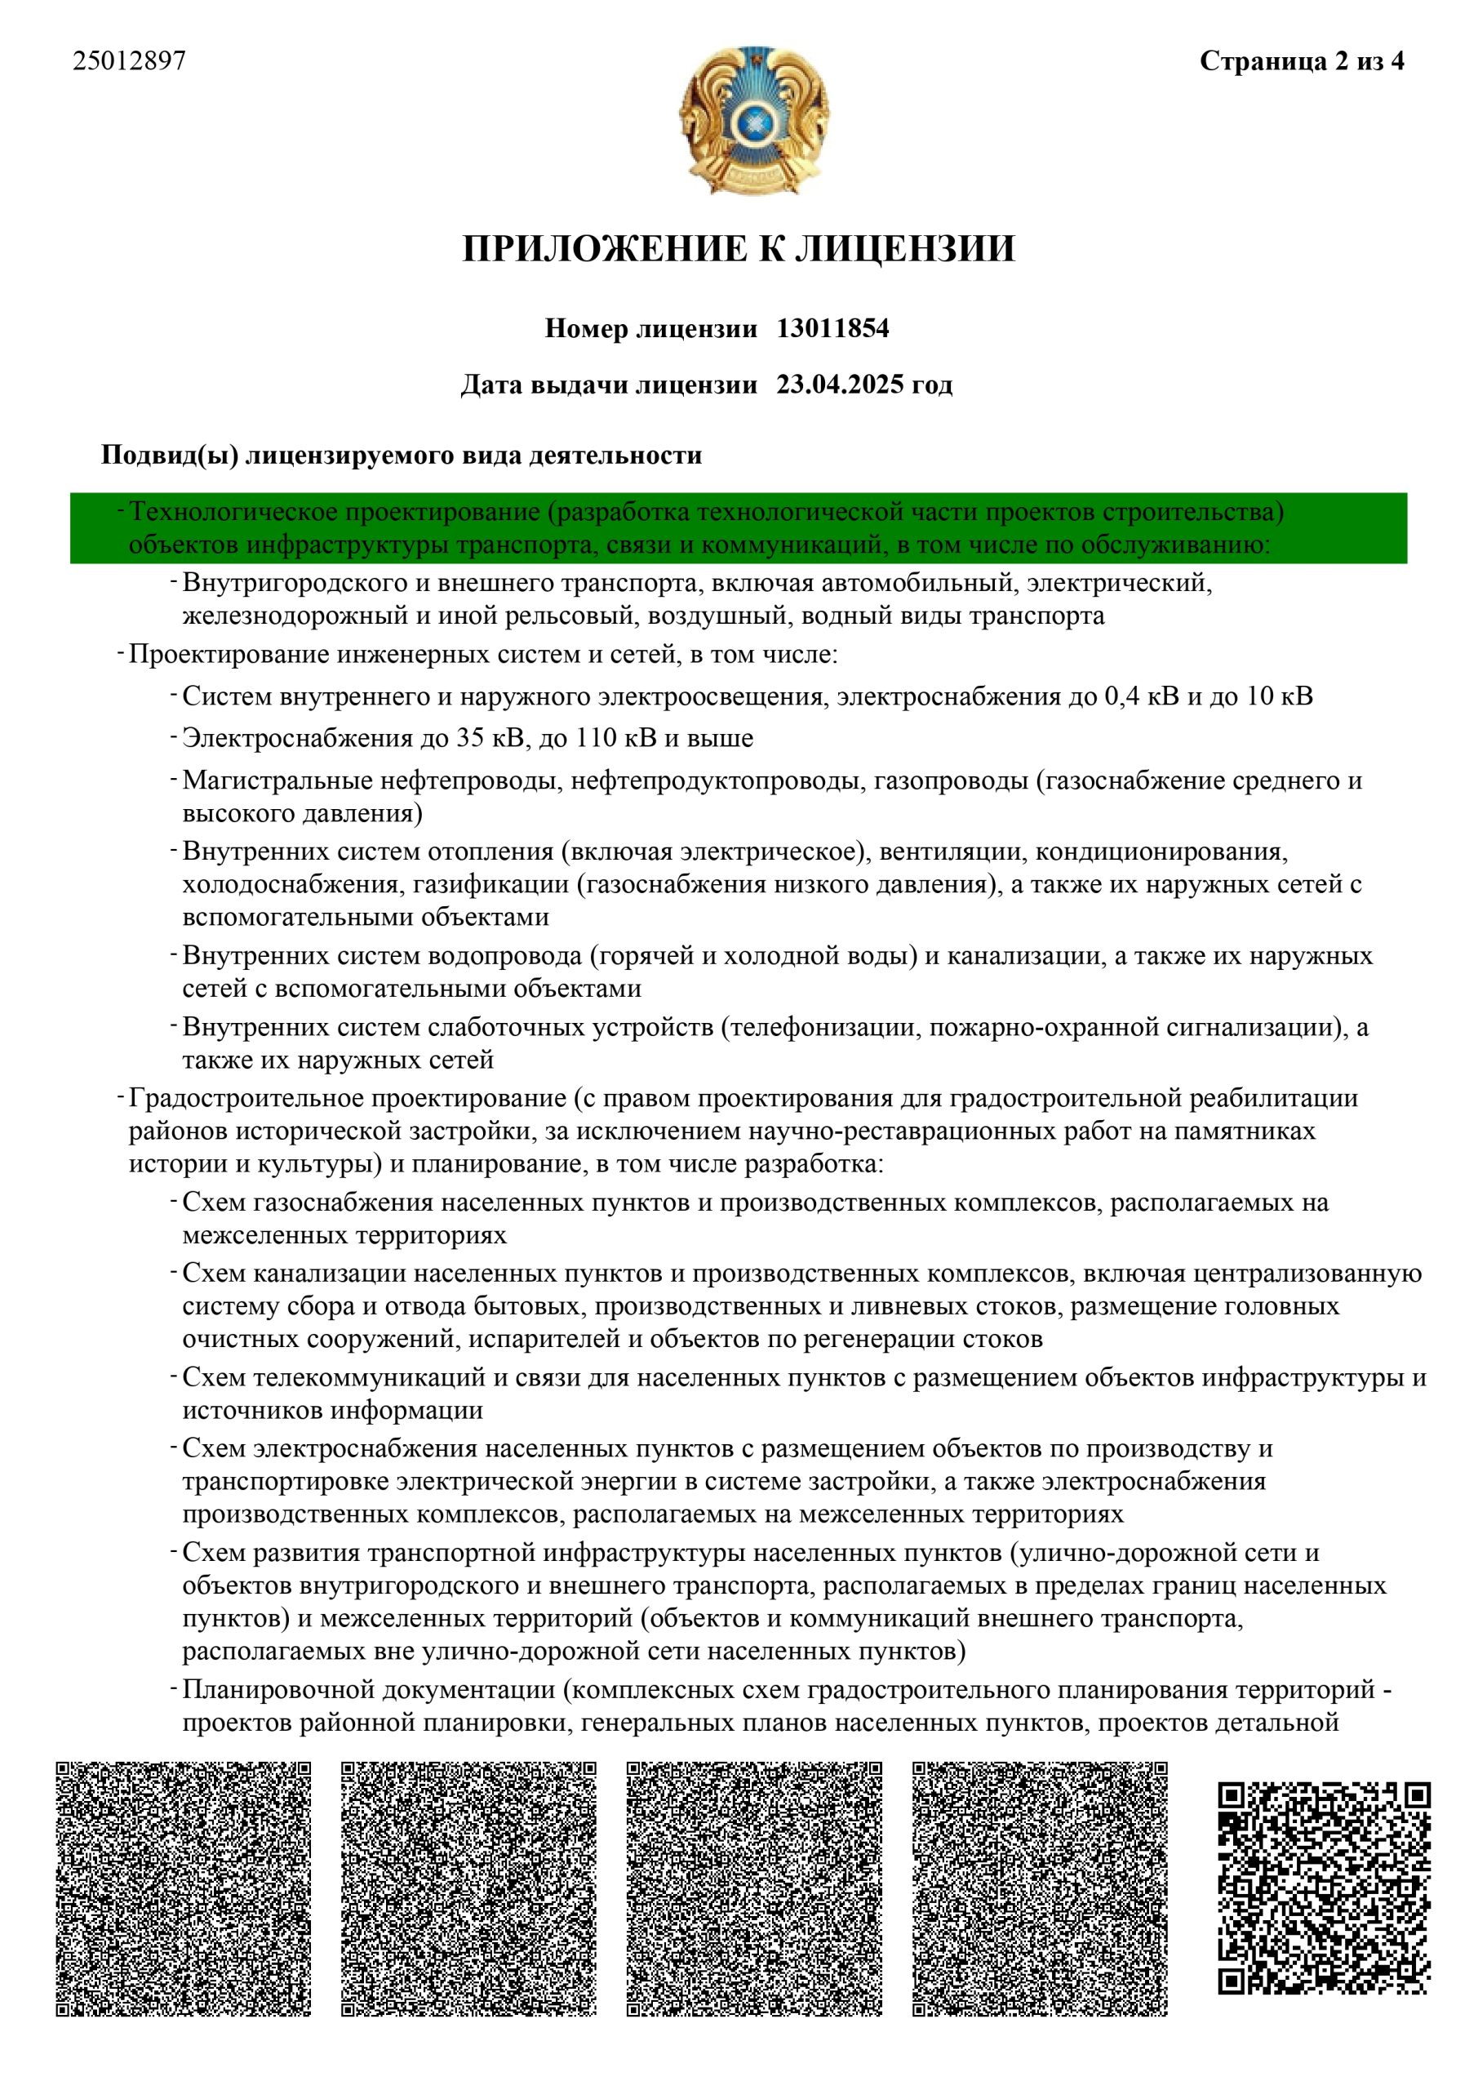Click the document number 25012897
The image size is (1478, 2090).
tap(129, 61)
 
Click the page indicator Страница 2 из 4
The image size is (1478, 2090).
tap(1302, 61)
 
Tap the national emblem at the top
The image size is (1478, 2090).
tap(753, 120)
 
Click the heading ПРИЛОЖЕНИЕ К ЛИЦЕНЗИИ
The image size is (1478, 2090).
tap(738, 248)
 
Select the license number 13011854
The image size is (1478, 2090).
tap(832, 329)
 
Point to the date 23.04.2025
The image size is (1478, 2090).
tap(840, 385)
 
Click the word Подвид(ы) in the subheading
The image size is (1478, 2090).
tap(169, 455)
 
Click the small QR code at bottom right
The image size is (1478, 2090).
tap(1325, 1889)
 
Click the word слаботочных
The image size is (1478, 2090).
tap(506, 1028)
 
